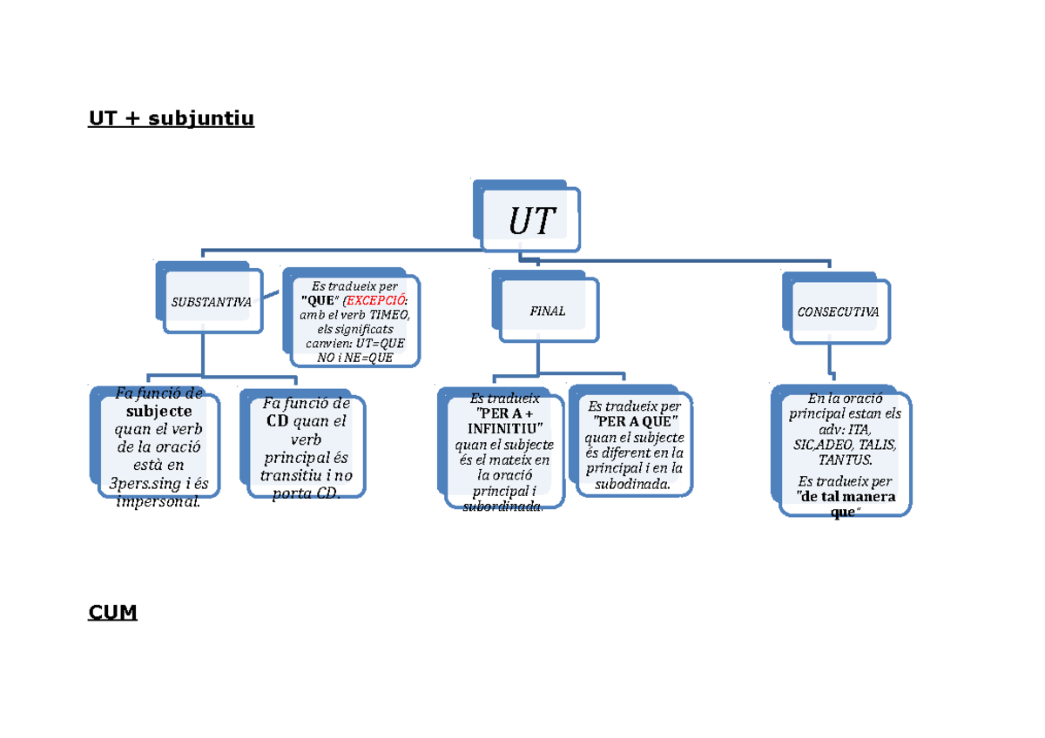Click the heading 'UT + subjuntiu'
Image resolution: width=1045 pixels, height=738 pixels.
pyautogui.click(x=171, y=118)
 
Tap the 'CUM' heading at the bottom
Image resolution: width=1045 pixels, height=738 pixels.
pyautogui.click(x=112, y=613)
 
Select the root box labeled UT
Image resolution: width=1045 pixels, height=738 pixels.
pyautogui.click(x=531, y=221)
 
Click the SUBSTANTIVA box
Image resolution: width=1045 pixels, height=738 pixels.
pyautogui.click(x=211, y=302)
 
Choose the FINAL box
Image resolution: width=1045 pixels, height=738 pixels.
pyautogui.click(x=548, y=311)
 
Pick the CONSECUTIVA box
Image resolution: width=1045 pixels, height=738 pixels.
pyautogui.click(x=838, y=311)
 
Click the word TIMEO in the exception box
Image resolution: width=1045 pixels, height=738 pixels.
pyautogui.click(x=388, y=315)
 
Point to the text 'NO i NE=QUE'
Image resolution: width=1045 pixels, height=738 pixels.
pyautogui.click(x=354, y=357)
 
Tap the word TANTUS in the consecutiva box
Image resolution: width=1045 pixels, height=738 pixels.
pyautogui.click(x=845, y=460)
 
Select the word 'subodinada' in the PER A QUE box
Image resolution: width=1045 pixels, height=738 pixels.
pyautogui.click(x=632, y=485)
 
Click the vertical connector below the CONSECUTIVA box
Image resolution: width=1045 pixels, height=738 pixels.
pyautogui.click(x=831, y=361)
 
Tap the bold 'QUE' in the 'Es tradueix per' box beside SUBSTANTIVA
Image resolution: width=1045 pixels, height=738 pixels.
pyautogui.click(x=316, y=300)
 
